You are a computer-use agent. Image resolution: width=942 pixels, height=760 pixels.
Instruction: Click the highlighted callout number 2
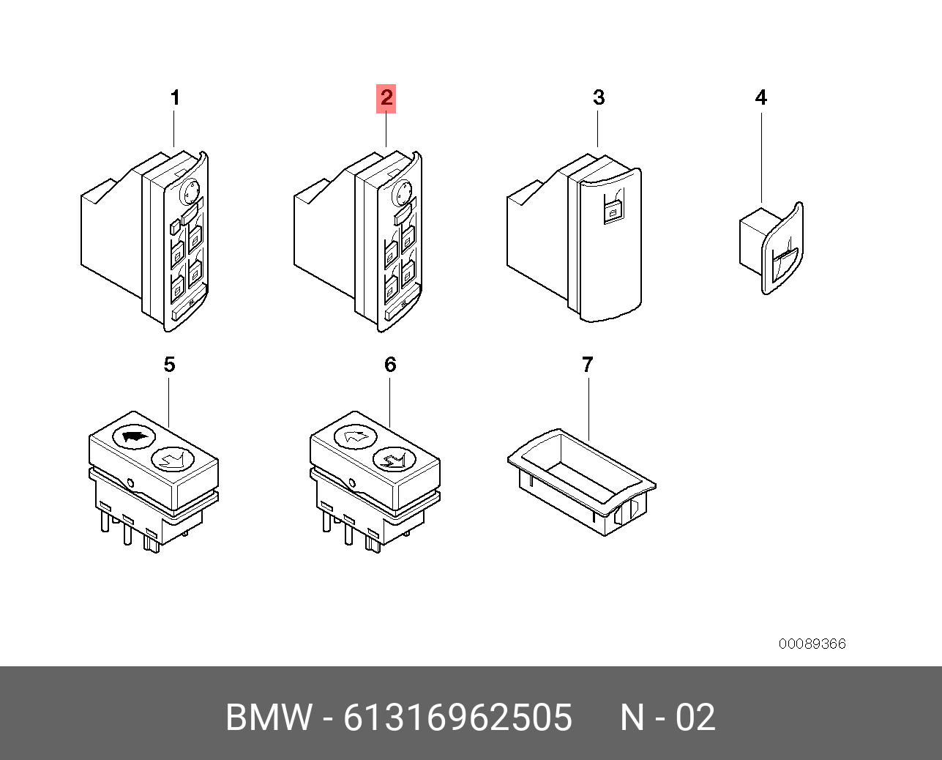[x=386, y=98]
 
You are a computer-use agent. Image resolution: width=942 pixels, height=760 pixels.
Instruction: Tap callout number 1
[x=175, y=98]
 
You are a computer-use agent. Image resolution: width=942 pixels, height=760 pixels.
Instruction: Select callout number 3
[x=599, y=98]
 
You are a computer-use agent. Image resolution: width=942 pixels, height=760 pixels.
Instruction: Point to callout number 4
[x=761, y=98]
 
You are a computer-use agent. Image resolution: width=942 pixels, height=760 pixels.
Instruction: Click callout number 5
[x=169, y=365]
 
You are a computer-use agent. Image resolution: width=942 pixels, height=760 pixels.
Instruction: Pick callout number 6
[x=390, y=365]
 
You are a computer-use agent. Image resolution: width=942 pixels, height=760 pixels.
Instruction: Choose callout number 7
[x=587, y=365]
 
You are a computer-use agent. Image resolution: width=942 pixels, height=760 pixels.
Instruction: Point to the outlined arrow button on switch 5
[x=173, y=459]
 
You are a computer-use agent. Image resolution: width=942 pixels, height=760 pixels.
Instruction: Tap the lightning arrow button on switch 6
[x=395, y=459]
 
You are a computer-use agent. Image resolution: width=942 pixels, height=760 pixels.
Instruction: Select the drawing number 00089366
[x=812, y=644]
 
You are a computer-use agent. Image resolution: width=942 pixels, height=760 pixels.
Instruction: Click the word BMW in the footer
[x=268, y=718]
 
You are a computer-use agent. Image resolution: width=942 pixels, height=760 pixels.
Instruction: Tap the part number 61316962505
[x=457, y=718]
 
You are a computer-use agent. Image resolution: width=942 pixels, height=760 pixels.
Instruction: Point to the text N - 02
[x=668, y=718]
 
